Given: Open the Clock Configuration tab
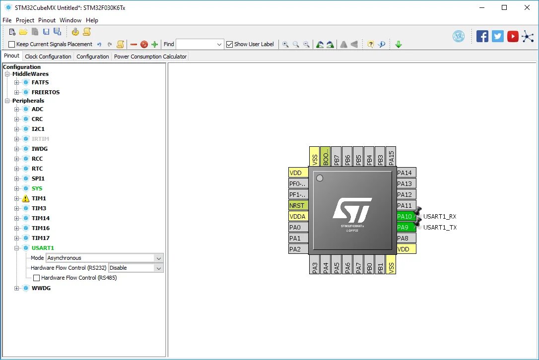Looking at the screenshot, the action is (48, 57).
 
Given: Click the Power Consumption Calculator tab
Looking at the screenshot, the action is (150, 57).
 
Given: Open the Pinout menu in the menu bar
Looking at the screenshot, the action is (47, 20).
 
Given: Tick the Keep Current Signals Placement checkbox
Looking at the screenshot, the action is (12, 45).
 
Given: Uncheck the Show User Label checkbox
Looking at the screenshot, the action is (229, 45).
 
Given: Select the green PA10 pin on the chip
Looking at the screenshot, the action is (405, 217).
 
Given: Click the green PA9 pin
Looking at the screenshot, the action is (405, 228).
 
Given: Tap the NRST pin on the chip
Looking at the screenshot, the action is (298, 205).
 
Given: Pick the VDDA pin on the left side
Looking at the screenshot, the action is (298, 216).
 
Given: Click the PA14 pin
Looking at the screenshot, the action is (405, 173).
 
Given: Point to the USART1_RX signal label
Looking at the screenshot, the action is (440, 217).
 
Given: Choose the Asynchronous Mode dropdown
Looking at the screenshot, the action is (104, 258).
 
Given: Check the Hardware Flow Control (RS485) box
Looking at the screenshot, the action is (36, 278).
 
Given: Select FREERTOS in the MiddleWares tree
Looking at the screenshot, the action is (46, 92).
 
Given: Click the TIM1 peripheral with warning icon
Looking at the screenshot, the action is (39, 198).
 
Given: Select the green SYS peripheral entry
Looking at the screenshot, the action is (37, 188).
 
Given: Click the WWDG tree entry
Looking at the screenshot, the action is (41, 288).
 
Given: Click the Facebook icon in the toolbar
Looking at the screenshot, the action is (482, 36).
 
